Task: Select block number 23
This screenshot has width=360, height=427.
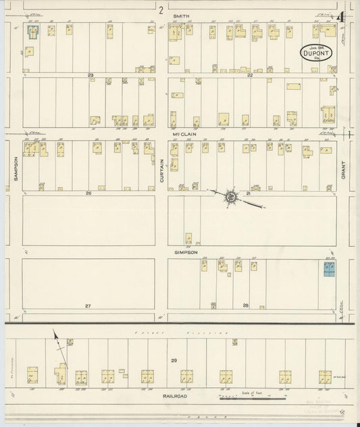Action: coord(90,75)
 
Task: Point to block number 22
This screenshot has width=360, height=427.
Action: coord(249,75)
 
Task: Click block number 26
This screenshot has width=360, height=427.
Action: coord(88,193)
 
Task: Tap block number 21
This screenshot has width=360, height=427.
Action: coord(249,193)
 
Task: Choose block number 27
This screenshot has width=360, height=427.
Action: coord(88,306)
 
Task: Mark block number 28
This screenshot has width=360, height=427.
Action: coord(246,306)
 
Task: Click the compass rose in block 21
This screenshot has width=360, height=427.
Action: coord(230,196)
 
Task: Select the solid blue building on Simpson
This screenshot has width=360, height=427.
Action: coord(330,269)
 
